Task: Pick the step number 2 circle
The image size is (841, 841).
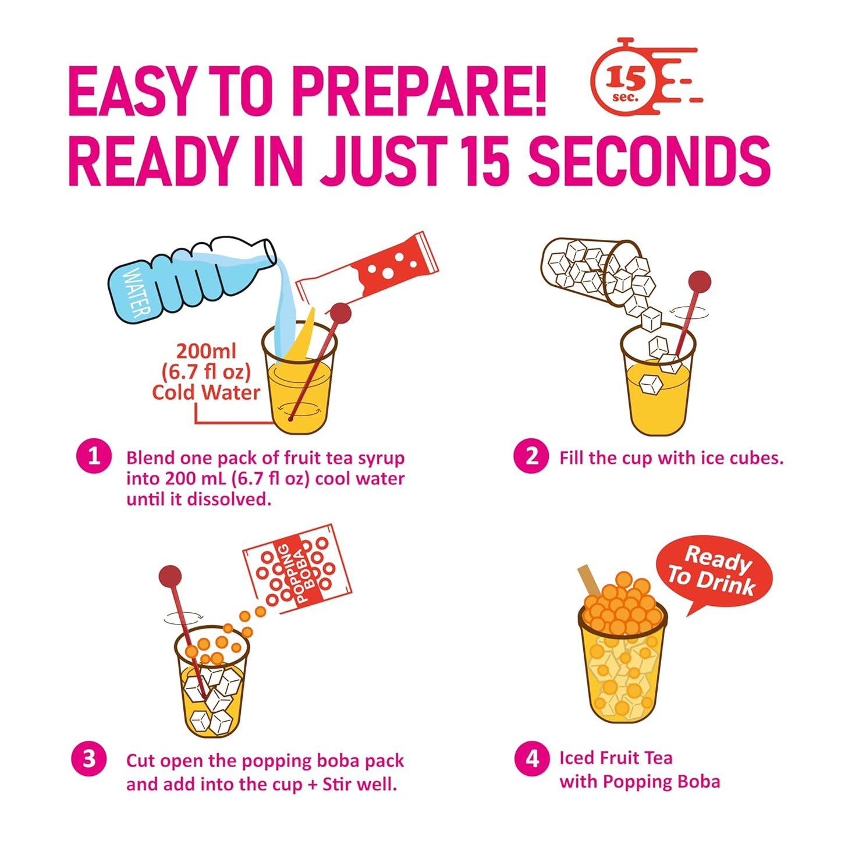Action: [x=531, y=456]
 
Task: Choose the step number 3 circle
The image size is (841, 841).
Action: [x=88, y=759]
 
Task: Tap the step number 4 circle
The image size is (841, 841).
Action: [x=532, y=759]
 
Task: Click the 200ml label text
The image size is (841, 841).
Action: [x=206, y=351]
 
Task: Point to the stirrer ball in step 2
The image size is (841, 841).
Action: [x=700, y=282]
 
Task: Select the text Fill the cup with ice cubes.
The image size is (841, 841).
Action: [x=671, y=458]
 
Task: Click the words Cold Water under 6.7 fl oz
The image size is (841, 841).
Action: [x=206, y=392]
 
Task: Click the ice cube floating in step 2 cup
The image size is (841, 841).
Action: [x=650, y=385]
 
